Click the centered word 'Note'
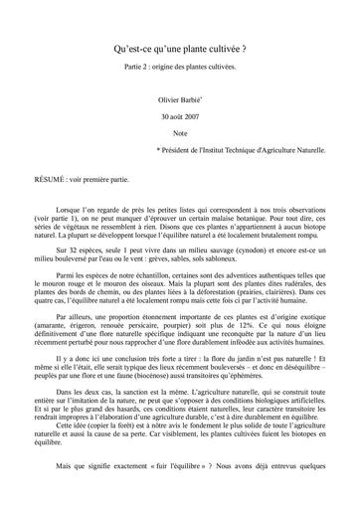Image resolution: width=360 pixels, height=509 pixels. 179,132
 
